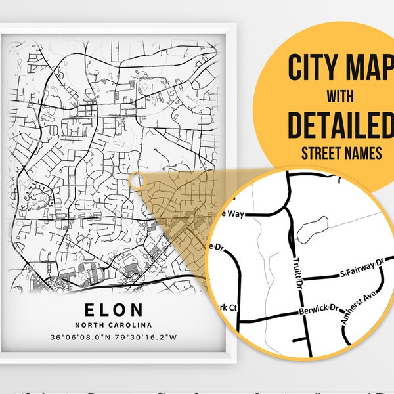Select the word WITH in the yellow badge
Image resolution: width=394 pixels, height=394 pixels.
click(x=338, y=97)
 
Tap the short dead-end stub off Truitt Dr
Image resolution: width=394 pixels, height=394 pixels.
click(x=301, y=338)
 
